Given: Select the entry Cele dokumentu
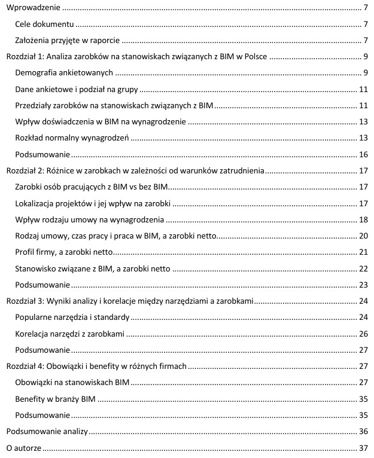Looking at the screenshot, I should tap(45, 25).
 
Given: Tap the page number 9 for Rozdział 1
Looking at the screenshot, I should tap(364, 57).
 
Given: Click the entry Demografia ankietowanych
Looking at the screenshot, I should tap(65, 73).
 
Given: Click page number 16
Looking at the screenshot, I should tap(363, 154).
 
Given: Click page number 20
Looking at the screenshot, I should tap(363, 236).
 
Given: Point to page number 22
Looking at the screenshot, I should tap(363, 268).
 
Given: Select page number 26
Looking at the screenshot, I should tap(363, 333).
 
